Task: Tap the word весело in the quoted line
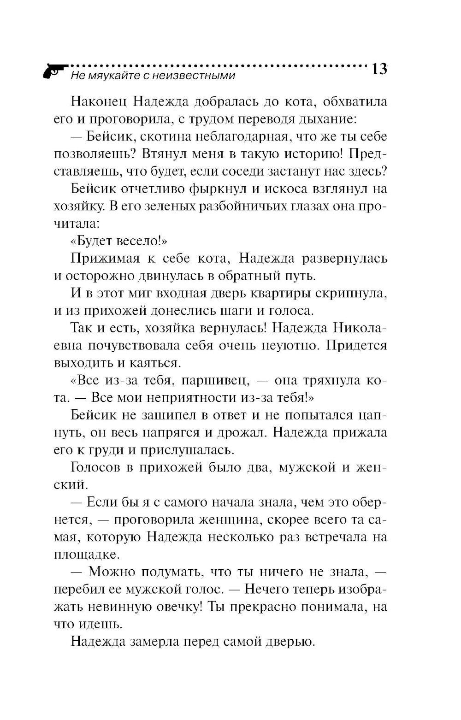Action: (136, 241)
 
